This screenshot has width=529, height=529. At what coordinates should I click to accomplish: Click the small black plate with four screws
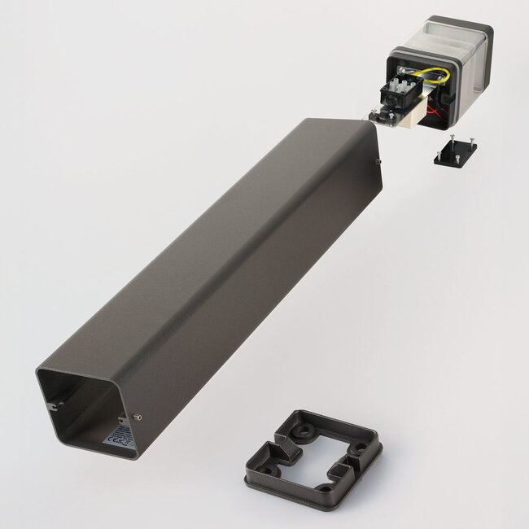tap(455, 152)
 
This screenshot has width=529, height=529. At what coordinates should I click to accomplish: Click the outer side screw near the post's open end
tap(138, 417)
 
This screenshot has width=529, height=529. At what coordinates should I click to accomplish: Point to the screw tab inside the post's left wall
tap(52, 404)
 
